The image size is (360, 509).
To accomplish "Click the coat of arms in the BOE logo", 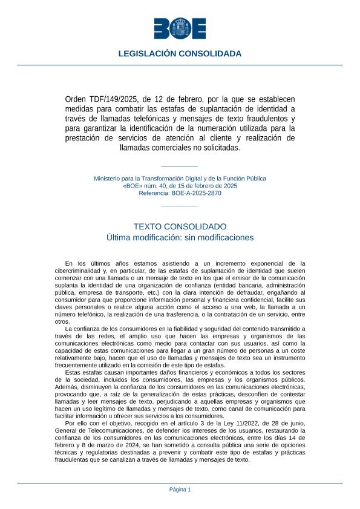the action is [180, 28].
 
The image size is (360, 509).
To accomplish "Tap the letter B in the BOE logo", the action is [162, 28].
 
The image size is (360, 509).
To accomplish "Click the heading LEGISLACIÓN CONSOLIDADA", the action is [180, 54].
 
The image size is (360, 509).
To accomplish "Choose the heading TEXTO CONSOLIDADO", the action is [180, 226].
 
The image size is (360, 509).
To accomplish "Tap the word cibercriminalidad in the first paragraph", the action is [82, 271].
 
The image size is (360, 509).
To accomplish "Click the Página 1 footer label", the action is [180, 490].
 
